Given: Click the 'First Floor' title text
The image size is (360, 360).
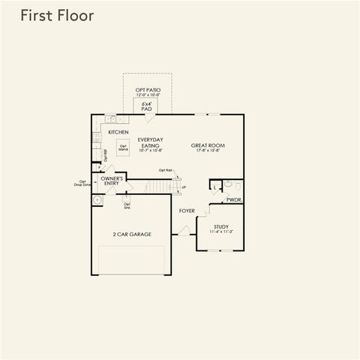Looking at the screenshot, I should (57, 16).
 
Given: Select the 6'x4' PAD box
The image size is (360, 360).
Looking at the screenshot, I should (147, 106).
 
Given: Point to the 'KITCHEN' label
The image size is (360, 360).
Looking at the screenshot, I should (118, 132).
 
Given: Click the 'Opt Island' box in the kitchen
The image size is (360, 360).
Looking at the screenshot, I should (123, 147).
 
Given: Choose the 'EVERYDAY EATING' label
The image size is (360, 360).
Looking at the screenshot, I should (151, 145).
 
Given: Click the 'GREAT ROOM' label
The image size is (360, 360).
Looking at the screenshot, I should (208, 145).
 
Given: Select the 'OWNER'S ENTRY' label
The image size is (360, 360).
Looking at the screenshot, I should (112, 181).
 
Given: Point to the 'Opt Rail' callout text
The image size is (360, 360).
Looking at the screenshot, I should (165, 170).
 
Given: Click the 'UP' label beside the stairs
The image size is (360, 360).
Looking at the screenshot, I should (184, 187).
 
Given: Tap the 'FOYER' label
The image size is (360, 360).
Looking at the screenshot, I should (187, 211).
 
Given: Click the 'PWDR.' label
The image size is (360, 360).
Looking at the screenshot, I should (234, 200).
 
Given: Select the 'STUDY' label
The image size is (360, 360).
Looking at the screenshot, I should (220, 226).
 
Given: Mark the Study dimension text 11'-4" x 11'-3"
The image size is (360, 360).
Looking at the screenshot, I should (220, 232).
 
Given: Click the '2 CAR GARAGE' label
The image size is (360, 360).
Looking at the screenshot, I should (132, 235).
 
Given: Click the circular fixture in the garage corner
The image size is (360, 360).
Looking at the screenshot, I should (97, 200).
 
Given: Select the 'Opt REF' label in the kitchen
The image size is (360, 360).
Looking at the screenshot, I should (106, 157).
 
